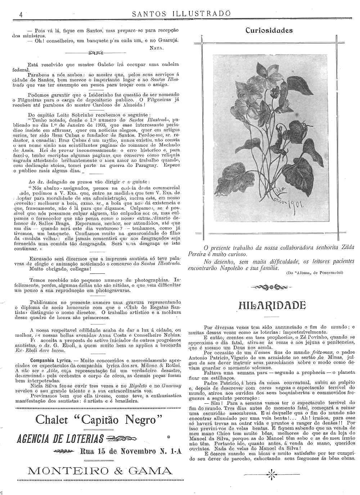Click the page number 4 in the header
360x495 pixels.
click(21, 14)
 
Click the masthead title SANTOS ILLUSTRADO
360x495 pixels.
click(181, 14)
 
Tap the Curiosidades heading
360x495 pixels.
click(269, 31)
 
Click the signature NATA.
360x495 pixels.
click(157, 47)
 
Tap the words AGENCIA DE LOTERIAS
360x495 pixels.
click(60, 439)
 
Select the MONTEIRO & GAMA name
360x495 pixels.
click(100, 471)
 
